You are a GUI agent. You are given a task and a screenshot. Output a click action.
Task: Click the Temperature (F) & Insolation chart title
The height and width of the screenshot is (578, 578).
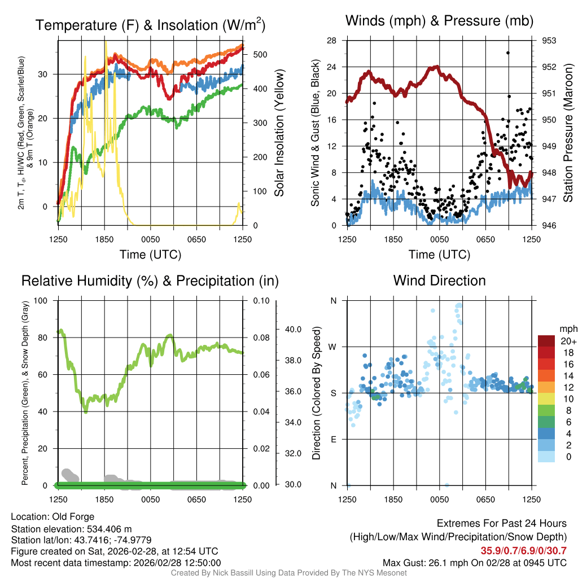click(x=150, y=25)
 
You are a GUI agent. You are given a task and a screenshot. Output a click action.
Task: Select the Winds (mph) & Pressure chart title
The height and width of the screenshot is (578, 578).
click(x=439, y=21)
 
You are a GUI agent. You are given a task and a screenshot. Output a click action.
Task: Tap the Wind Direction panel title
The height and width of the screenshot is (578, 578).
click(x=439, y=281)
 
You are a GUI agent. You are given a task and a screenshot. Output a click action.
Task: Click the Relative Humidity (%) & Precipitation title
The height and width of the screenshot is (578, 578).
click(x=150, y=281)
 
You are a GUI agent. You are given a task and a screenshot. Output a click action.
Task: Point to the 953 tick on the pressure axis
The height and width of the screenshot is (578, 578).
click(x=549, y=41)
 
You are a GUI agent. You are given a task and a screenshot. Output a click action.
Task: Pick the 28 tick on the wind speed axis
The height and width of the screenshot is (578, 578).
click(x=332, y=41)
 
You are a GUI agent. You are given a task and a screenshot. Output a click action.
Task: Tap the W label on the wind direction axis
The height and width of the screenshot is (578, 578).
click(x=333, y=347)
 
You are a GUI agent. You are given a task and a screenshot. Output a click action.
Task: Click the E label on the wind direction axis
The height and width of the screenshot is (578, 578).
click(x=333, y=439)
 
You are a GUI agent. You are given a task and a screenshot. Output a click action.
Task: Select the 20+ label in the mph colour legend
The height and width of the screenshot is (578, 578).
click(x=567, y=341)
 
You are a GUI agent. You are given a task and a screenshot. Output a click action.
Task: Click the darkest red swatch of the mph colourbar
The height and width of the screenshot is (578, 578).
click(x=547, y=340)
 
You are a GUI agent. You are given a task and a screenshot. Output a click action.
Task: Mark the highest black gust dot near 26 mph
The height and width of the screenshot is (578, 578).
click(x=508, y=52)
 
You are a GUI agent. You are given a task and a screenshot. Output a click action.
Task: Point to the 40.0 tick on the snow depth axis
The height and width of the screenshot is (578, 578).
click(x=292, y=329)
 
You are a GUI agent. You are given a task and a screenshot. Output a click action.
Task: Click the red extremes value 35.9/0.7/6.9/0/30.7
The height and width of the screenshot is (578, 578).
click(x=523, y=550)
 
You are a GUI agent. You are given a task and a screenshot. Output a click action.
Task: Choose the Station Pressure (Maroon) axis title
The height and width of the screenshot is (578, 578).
click(x=568, y=133)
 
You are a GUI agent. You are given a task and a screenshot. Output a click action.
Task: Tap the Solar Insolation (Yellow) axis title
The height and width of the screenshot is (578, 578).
click(x=279, y=133)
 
